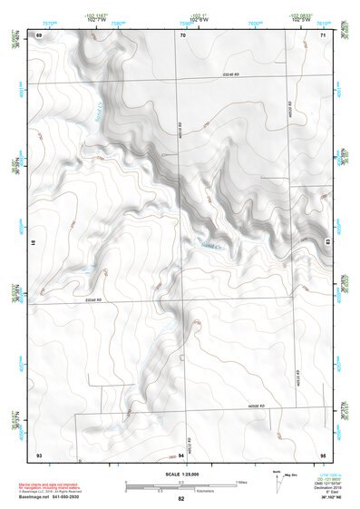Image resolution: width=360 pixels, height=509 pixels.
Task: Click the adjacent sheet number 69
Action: tap(38, 34)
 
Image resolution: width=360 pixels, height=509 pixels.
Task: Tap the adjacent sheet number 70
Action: tap(181, 34)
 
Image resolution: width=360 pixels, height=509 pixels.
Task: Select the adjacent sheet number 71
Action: tap(323, 34)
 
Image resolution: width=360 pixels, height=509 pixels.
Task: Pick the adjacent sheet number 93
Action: tap(38, 453)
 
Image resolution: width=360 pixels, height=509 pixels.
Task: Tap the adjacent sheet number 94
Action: tap(181, 453)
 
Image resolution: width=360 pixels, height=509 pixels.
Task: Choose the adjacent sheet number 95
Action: tap(323, 453)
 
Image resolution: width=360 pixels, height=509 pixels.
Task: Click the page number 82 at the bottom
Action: tap(181, 499)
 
